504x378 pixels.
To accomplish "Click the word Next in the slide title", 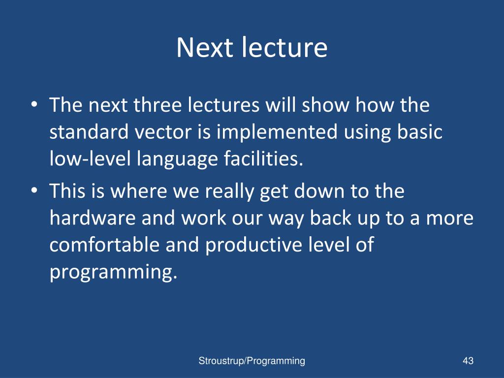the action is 204,48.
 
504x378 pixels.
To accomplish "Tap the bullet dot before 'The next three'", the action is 34,104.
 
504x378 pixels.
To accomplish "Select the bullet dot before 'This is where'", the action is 34,190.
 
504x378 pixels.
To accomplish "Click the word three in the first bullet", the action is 157,105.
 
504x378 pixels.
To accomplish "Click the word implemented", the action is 277,132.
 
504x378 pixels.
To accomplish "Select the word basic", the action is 419,131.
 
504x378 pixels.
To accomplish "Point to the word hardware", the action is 93,218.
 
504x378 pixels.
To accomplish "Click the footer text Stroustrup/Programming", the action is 252,361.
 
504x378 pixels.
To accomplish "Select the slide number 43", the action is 468,361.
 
